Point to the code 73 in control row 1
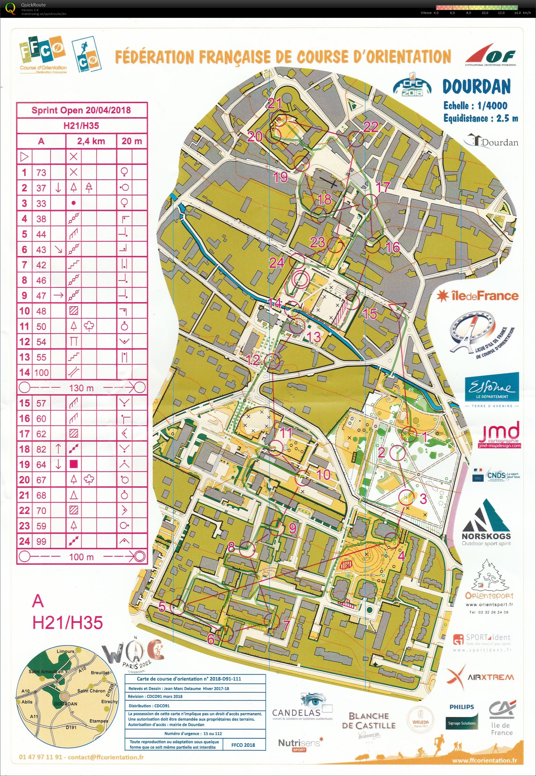click(x=41, y=172)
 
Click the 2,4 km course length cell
click(x=91, y=141)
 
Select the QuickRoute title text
click(x=33, y=5)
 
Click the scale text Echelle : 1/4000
click(x=475, y=106)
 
